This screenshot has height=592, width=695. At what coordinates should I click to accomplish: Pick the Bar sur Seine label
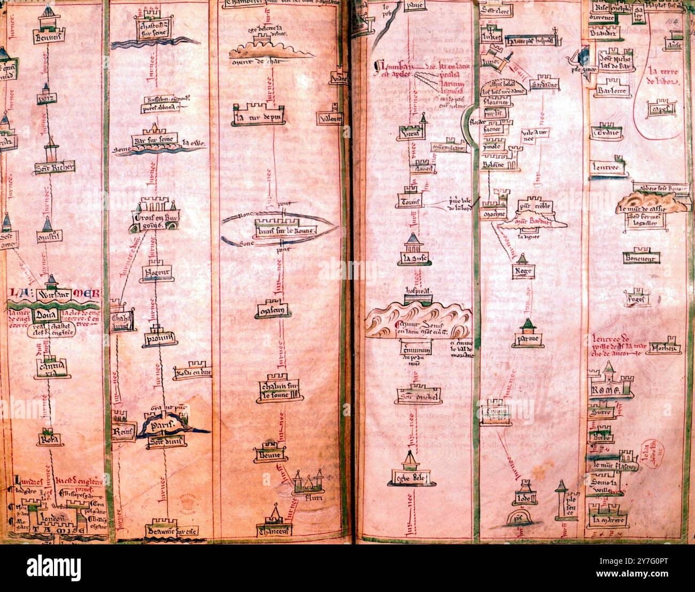(x=155, y=140)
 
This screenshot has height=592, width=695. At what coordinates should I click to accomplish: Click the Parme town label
(x=526, y=339)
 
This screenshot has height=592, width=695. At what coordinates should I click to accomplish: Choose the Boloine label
(x=494, y=165)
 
